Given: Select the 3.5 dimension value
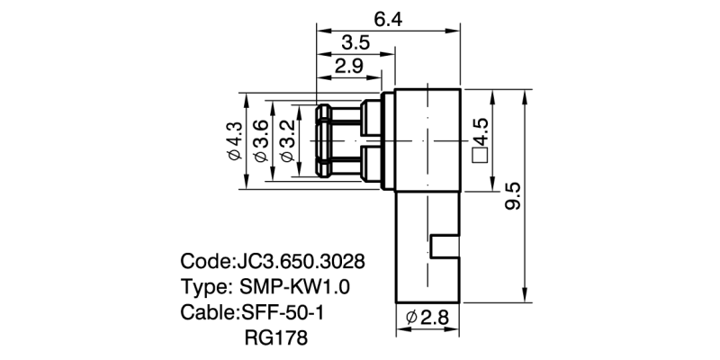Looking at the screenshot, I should click(x=357, y=42).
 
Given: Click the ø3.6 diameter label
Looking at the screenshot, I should click(x=260, y=141).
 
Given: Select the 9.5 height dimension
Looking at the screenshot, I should click(x=513, y=197).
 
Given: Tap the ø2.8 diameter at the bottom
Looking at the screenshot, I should click(x=427, y=318).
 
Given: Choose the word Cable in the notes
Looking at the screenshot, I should click(x=207, y=314).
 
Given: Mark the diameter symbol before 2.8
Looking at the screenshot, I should click(x=410, y=318).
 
